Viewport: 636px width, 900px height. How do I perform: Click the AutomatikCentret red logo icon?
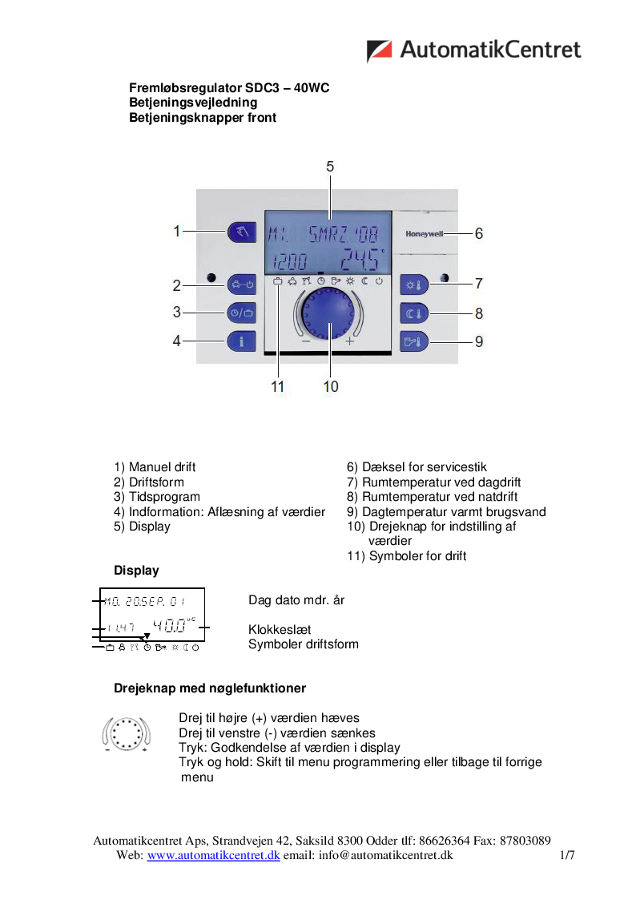tap(379, 50)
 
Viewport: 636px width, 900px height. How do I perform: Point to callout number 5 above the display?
tap(330, 167)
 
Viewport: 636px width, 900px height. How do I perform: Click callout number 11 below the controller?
tap(278, 386)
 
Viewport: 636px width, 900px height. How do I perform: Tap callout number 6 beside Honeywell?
tap(479, 234)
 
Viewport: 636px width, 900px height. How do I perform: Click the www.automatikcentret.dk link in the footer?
tap(212, 855)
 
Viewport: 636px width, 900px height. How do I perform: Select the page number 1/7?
tap(567, 855)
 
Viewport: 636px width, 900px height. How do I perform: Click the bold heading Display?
tap(136, 571)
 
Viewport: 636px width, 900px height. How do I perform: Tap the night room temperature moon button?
tap(415, 313)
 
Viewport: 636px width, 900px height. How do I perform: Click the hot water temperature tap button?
tap(415, 341)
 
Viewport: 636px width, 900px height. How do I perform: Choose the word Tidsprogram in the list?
tap(164, 497)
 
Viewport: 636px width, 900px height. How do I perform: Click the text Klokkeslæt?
tap(280, 630)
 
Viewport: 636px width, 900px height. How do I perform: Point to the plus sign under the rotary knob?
tap(349, 341)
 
